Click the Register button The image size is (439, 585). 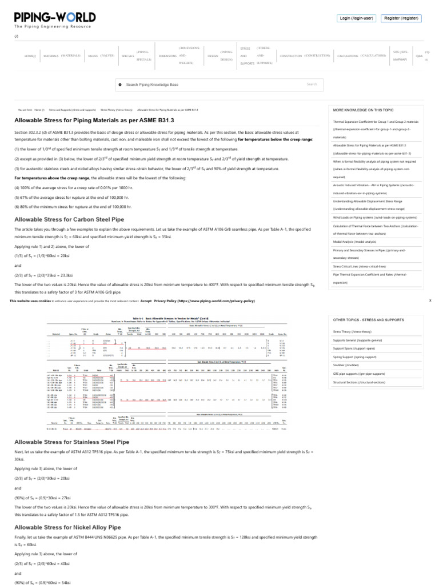[x=402, y=18]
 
